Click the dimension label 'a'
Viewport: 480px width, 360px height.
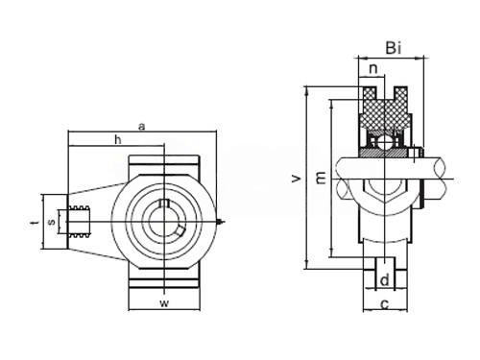click(141, 127)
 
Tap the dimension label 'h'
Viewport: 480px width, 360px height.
click(118, 139)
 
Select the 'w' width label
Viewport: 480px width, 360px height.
click(164, 303)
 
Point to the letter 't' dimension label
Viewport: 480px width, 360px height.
click(36, 222)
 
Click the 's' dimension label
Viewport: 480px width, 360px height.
click(52, 222)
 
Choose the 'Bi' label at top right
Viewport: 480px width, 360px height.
click(394, 48)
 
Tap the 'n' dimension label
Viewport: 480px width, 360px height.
click(373, 68)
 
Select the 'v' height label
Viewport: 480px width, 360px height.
click(297, 179)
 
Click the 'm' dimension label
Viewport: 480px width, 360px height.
click(321, 178)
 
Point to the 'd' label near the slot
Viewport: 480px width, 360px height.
click(385, 280)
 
